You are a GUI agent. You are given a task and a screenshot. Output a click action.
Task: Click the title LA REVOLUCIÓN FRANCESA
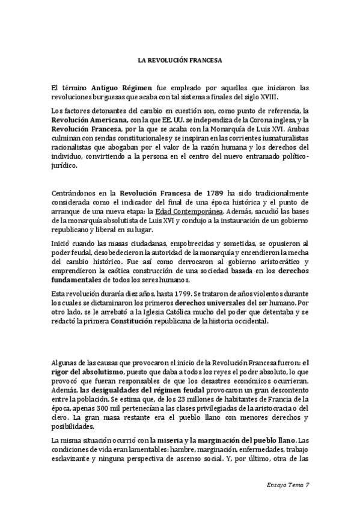click(180, 60)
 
